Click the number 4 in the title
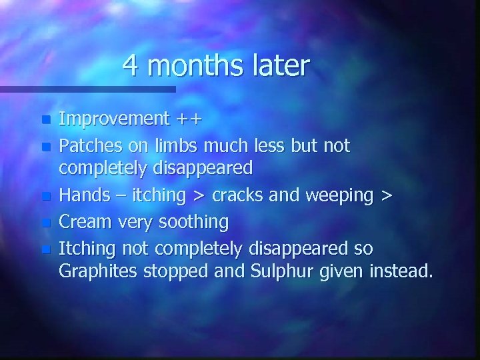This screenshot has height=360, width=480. coord(131,66)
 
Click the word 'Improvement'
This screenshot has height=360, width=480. coord(114,119)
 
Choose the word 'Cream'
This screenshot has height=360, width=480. coord(83,221)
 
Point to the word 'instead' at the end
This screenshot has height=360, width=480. coord(401,271)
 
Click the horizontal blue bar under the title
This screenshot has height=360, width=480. coord(87,89)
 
